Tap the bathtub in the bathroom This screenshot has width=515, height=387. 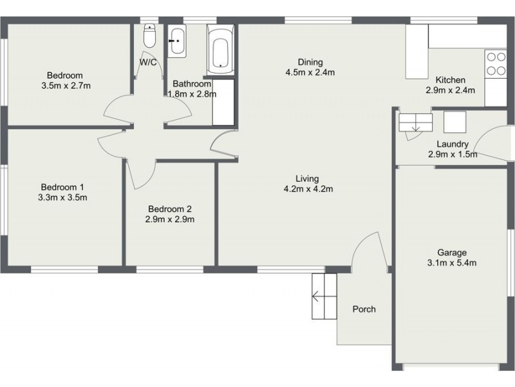tap(220, 49)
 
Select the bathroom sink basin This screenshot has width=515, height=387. tap(177, 41)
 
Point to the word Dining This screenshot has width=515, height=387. tap(310, 62)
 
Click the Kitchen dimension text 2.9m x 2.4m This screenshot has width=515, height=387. tap(450, 90)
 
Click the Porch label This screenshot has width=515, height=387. tap(364, 309)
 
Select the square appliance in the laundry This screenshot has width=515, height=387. tap(454, 121)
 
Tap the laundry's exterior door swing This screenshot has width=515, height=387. tap(492, 142)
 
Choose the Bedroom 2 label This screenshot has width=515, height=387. tap(171, 209)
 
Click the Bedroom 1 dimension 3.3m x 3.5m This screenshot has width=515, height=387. tap(62, 197)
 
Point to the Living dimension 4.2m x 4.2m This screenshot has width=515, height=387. tap(308, 189)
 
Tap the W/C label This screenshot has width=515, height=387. tap(149, 63)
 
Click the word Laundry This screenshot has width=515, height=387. tap(452, 144)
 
